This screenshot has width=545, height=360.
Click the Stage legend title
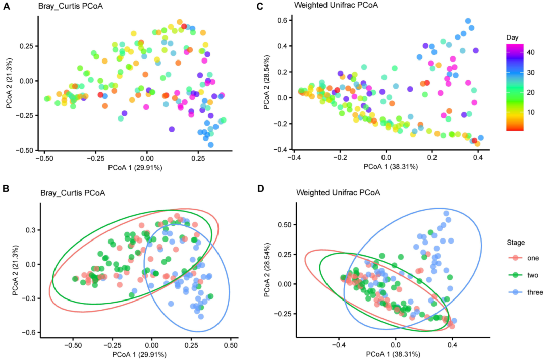click(x=516, y=243)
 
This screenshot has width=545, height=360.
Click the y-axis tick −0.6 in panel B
click(x=30, y=332)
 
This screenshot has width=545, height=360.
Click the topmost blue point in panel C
click(x=468, y=21)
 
